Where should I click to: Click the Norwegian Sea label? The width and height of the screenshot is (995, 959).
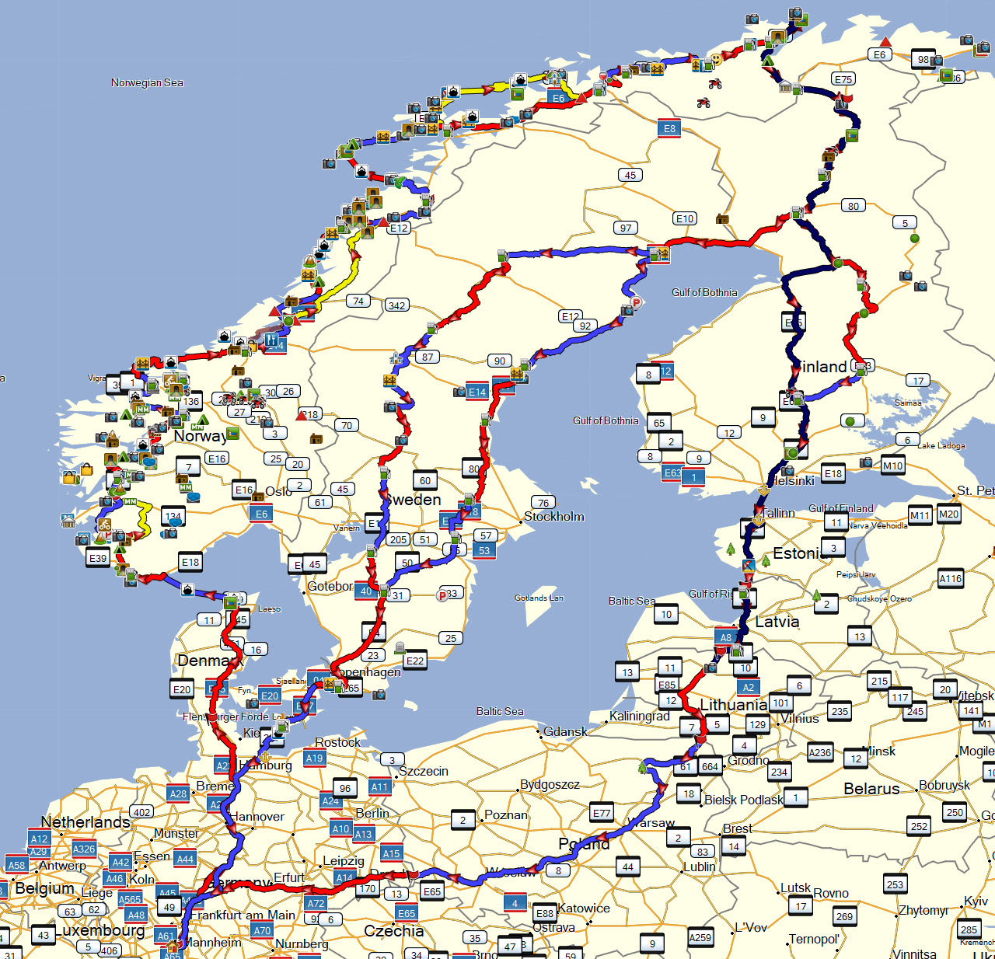[147, 82]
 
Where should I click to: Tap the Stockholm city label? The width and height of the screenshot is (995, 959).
[553, 517]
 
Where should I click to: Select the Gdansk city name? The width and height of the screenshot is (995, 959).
[565, 732]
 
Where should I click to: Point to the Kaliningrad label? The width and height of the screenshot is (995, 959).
[639, 717]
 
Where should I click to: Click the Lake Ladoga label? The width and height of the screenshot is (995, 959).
[941, 445]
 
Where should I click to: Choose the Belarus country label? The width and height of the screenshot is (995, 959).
[871, 789]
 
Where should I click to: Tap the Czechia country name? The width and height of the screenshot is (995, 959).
[393, 931]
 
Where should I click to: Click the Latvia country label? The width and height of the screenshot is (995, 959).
[777, 622]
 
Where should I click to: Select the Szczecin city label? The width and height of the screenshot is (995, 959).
[424, 771]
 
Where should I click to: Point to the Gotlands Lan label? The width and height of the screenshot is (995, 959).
[539, 598]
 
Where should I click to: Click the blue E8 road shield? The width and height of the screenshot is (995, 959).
[669, 128]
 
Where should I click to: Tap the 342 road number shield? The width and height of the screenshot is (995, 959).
[396, 305]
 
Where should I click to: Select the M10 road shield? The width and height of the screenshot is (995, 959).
[892, 466]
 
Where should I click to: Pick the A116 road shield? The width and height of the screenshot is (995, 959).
[950, 578]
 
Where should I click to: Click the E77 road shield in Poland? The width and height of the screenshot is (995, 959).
[602, 813]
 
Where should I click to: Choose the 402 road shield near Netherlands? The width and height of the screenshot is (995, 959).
[141, 812]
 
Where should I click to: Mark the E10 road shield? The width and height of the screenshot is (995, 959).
[684, 218]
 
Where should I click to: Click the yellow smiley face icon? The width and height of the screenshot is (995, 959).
[716, 59]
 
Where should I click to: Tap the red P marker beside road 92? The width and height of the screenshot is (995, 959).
[636, 302]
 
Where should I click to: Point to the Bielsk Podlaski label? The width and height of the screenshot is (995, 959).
[743, 800]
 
